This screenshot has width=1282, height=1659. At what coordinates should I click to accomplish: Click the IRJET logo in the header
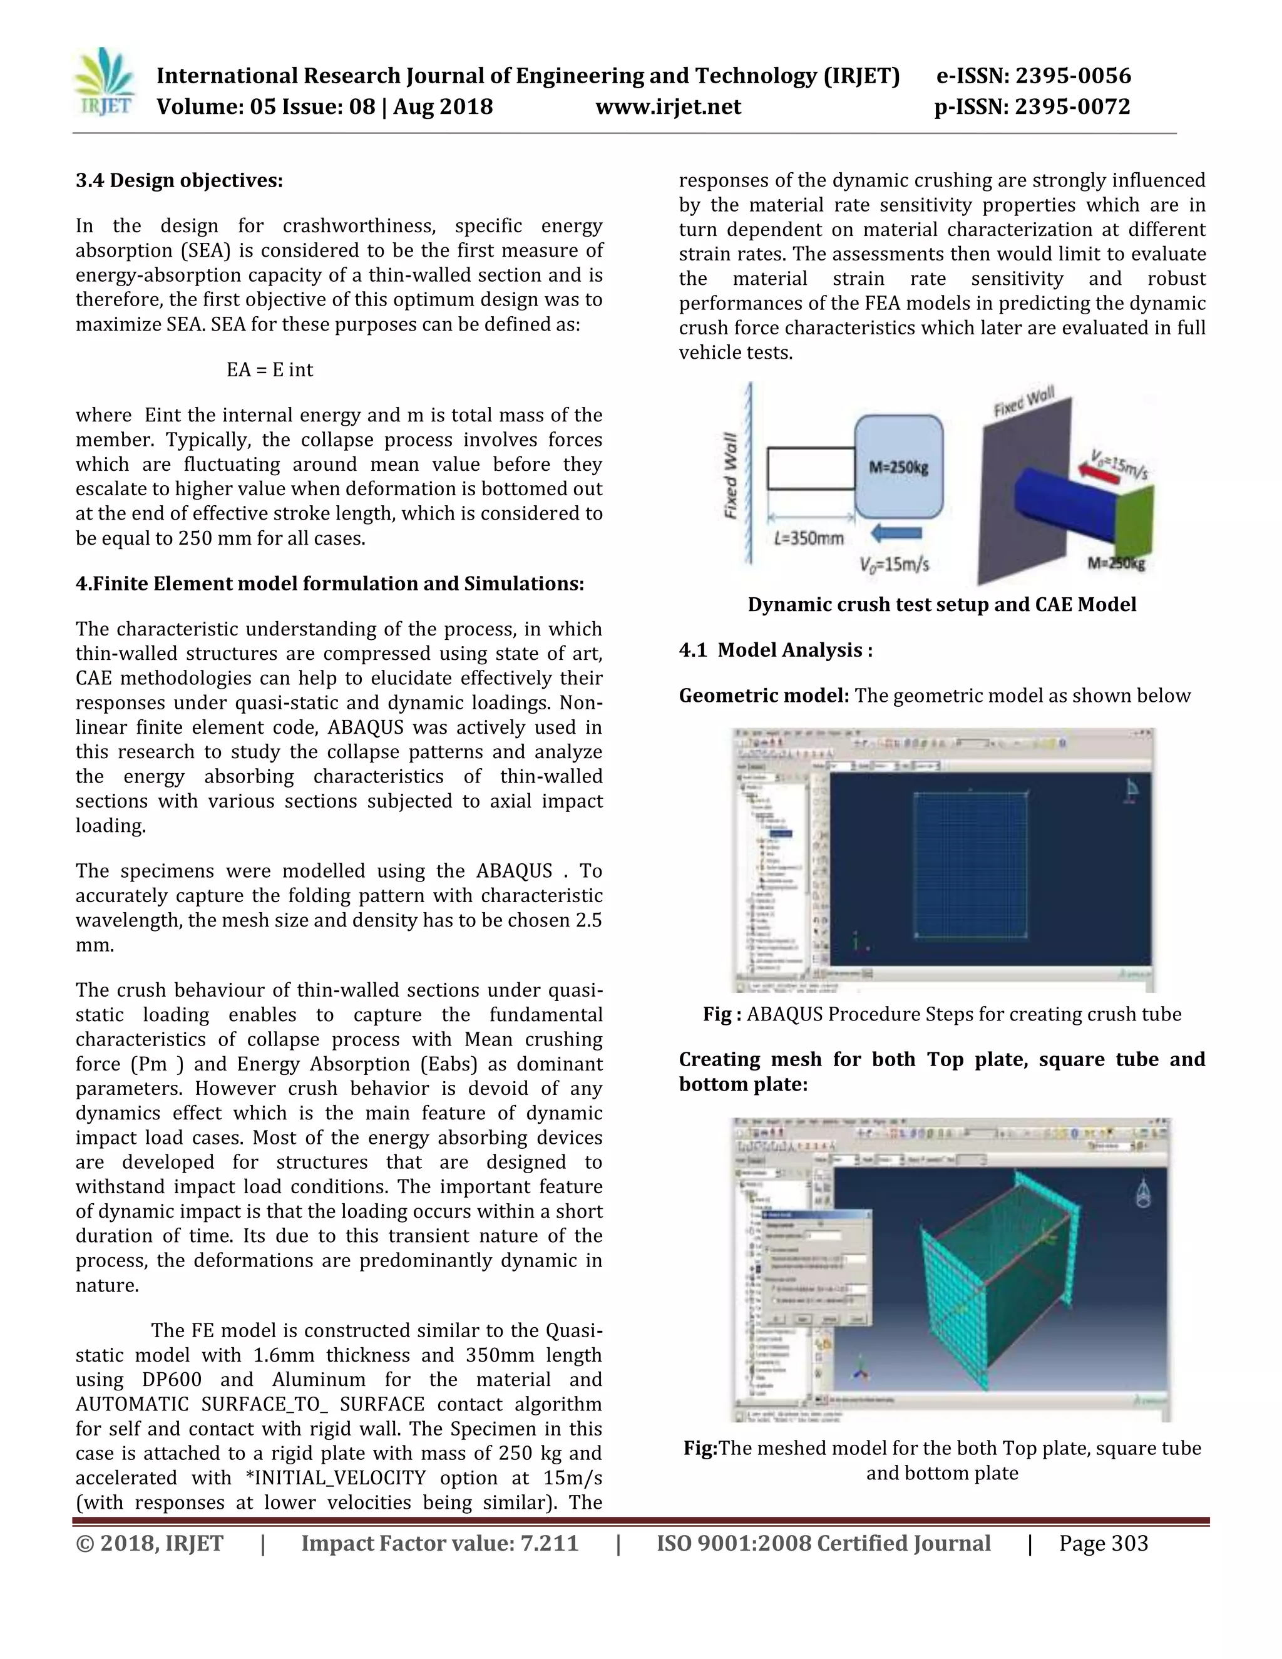point(105,82)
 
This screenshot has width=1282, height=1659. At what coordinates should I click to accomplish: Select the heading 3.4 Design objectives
point(179,181)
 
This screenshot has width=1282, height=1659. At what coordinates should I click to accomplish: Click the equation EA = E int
point(270,370)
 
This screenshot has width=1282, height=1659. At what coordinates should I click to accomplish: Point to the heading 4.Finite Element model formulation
point(330,583)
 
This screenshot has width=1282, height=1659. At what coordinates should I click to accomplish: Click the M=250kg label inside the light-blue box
point(898,467)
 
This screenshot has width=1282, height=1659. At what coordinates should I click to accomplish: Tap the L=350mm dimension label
point(809,538)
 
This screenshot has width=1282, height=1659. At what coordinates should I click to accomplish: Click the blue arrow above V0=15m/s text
point(896,533)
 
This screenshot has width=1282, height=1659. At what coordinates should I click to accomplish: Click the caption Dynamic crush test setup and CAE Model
point(941,605)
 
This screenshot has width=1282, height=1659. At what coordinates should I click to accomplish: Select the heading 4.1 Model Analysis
point(775,650)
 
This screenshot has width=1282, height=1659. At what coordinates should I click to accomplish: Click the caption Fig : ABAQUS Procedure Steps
point(941,1014)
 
